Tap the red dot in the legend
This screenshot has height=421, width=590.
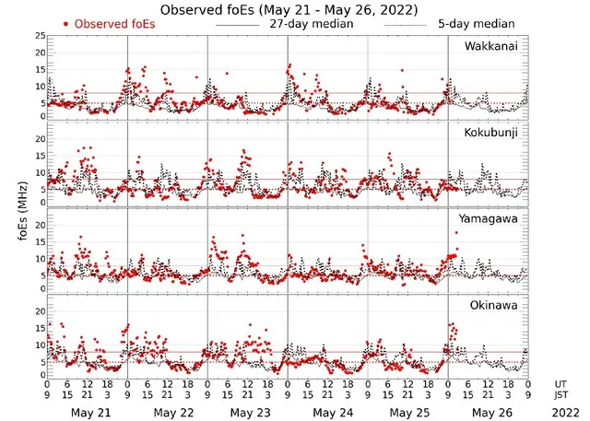click(67, 24)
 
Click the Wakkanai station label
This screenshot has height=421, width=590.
click(491, 46)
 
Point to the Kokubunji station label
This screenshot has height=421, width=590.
click(491, 133)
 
